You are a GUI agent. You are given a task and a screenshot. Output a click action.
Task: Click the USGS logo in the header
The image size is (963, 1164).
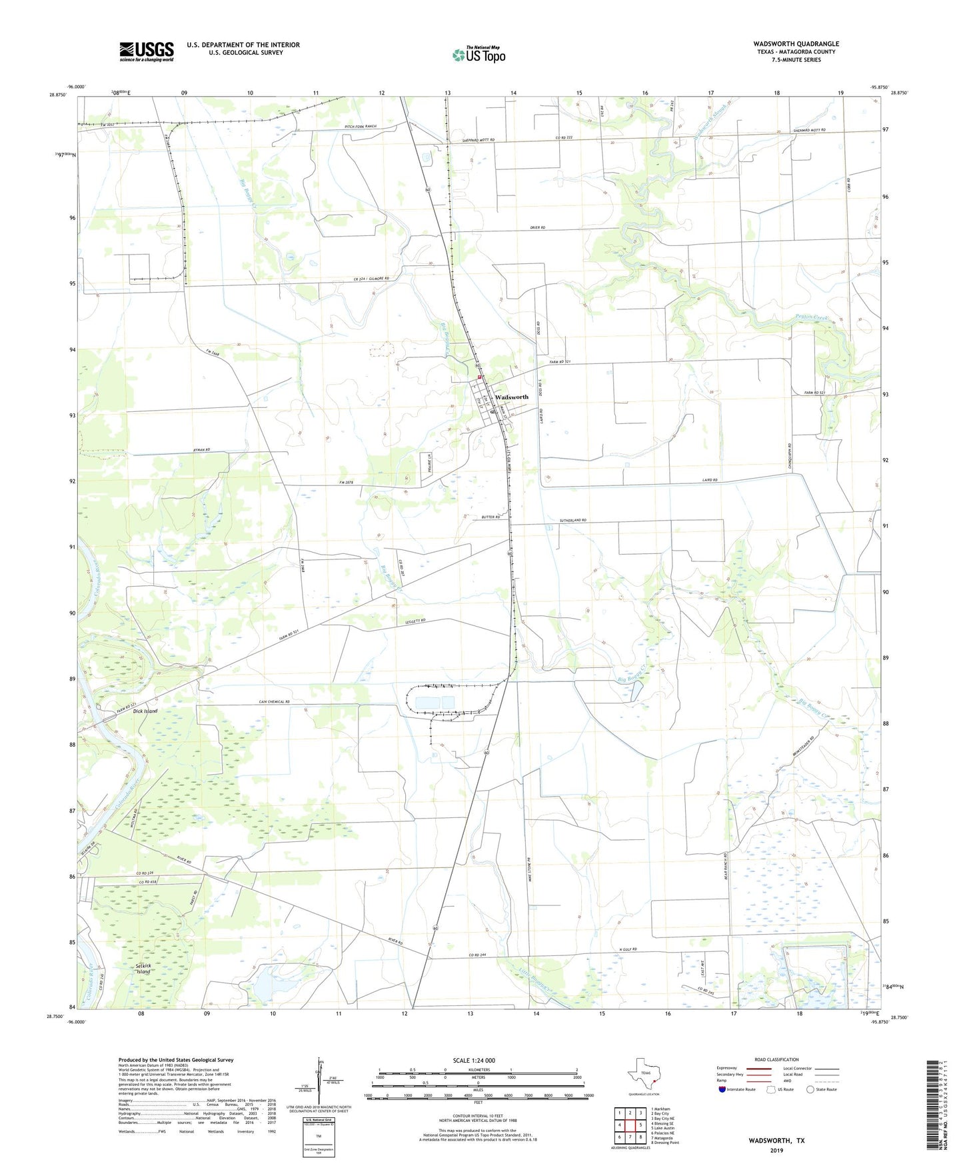pyautogui.click(x=147, y=51)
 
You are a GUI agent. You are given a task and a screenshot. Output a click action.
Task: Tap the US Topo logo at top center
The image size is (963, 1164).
pyautogui.click(x=479, y=55)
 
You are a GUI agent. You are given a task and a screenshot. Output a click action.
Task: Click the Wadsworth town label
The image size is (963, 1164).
pyautogui.click(x=511, y=397)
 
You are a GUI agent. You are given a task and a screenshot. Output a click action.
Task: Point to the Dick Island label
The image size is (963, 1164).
pyautogui.click(x=145, y=711)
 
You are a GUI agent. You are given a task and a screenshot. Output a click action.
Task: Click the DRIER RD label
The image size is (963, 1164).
pyautogui.click(x=538, y=228)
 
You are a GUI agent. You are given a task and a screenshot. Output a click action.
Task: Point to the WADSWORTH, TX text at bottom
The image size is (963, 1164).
pyautogui.click(x=776, y=1141)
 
